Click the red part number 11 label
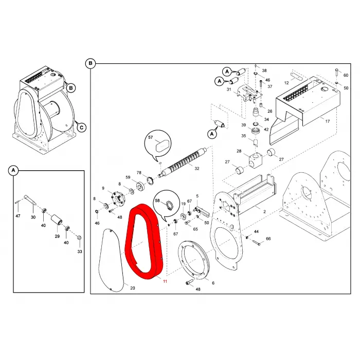coord(165,281)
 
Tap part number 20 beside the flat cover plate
coord(133,288)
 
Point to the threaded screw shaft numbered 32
coord(183,163)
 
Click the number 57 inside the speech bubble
coord(150,137)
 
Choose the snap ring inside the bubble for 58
coord(169,204)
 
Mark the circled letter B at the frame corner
coord(90,63)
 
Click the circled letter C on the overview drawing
coord(81,128)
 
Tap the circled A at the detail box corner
coord(13,170)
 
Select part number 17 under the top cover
coord(328,121)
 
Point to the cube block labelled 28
coord(255,159)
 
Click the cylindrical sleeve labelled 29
coord(57,221)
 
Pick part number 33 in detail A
coord(80,251)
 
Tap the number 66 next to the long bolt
coord(268,239)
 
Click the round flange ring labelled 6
coord(194,260)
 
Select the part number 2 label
coord(264,212)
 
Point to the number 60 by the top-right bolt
coord(346,75)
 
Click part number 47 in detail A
coord(18,216)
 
